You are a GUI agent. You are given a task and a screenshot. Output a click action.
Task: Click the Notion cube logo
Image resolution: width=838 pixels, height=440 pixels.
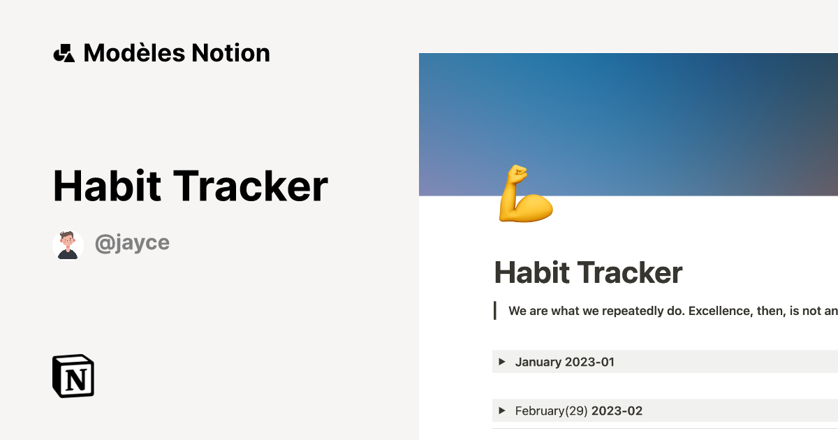coord(73,376)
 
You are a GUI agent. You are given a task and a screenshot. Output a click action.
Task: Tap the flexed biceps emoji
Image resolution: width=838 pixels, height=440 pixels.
coord(525,195)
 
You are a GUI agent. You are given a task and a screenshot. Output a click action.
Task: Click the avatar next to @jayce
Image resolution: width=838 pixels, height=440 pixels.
coord(68,244)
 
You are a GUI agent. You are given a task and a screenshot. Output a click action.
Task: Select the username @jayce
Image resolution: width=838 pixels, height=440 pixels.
coord(132,243)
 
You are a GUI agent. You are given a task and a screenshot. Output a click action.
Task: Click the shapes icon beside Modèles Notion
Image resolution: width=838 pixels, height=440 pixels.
coord(64,53)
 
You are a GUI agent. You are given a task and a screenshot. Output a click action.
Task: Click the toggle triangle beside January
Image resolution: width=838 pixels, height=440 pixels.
coord(502,362)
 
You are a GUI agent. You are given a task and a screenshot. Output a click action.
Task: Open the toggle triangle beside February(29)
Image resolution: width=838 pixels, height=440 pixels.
coord(502,411)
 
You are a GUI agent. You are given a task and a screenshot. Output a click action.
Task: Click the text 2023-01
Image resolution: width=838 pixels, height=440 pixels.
coord(590,362)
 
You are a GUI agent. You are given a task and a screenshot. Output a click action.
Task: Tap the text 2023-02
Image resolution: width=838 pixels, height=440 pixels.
coord(617,411)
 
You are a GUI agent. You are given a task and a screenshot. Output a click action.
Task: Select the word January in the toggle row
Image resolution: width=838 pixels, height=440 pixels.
coord(538,362)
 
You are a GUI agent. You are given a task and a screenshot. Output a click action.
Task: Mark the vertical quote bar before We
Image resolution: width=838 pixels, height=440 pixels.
coord(495,311)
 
